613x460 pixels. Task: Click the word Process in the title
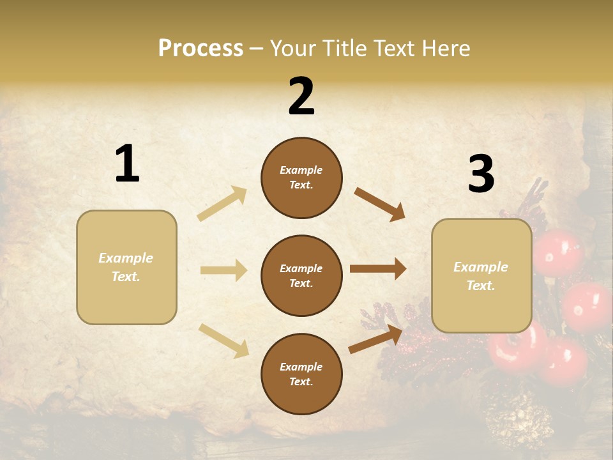pyautogui.click(x=201, y=49)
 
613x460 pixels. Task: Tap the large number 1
pyautogui.click(x=126, y=164)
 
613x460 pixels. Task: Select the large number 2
pyautogui.click(x=301, y=96)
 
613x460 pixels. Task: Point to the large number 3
pyautogui.click(x=481, y=174)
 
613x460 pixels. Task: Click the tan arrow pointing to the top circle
pyautogui.click(x=222, y=203)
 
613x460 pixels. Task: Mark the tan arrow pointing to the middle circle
pyautogui.click(x=223, y=270)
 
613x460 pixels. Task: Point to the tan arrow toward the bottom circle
pyautogui.click(x=223, y=340)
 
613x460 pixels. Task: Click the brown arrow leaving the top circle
pyautogui.click(x=380, y=204)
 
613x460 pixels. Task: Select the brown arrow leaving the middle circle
pyautogui.click(x=378, y=269)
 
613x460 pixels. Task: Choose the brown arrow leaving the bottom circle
pyautogui.click(x=376, y=339)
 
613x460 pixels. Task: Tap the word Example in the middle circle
pyautogui.click(x=301, y=268)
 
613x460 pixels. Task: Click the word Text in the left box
pyautogui.click(x=125, y=277)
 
